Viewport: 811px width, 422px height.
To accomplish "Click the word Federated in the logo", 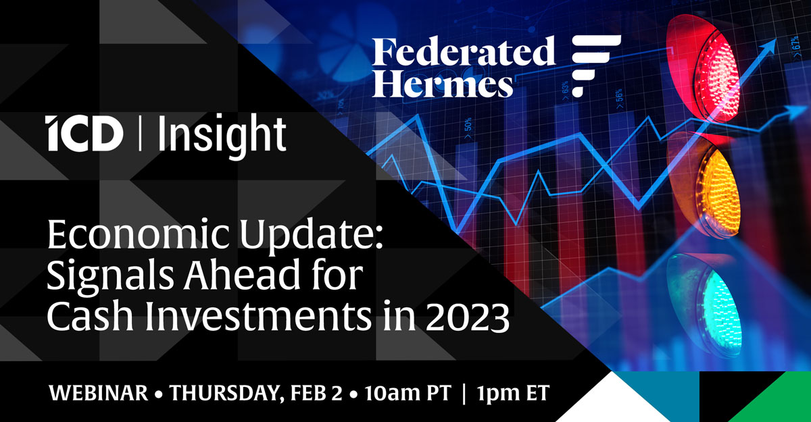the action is [x=464, y=51].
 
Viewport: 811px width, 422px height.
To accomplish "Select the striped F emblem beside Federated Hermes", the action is [x=596, y=65].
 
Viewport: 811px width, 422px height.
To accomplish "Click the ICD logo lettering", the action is [x=84, y=133].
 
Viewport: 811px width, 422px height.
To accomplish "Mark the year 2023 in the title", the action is [x=468, y=317].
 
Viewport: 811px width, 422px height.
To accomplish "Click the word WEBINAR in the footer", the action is [x=99, y=393].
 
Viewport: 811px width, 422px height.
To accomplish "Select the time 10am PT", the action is [x=408, y=393].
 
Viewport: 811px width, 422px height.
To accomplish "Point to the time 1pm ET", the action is [x=513, y=393].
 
